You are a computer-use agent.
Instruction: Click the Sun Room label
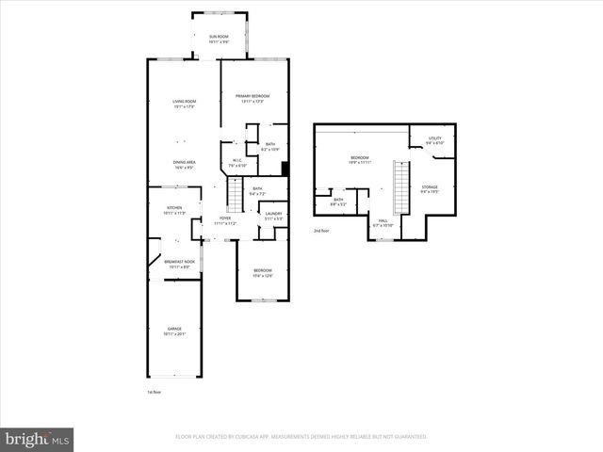(218, 39)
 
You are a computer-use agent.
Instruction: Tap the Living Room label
(183, 104)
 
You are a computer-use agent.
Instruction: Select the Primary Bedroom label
(253, 98)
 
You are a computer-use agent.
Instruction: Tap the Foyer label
(225, 221)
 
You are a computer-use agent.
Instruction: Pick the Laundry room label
(273, 216)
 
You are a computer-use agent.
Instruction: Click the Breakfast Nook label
(181, 265)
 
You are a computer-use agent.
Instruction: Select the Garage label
(175, 331)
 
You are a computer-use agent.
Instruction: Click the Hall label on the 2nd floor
(383, 223)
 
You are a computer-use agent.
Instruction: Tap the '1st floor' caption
(155, 391)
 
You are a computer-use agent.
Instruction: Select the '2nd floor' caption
(322, 230)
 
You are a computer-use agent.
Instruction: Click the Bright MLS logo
(38, 439)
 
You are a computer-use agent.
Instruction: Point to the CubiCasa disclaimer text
(301, 437)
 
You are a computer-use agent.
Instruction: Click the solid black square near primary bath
(284, 169)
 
